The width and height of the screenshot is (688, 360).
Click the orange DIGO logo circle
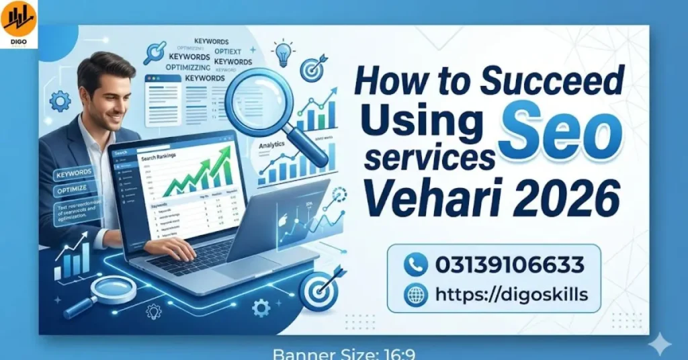click(19, 18)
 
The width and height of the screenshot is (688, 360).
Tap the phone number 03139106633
click(509, 265)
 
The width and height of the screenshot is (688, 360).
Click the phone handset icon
click(416, 265)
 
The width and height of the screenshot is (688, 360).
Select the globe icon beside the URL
click(416, 294)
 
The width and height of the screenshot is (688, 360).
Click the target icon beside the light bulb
click(313, 67)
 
